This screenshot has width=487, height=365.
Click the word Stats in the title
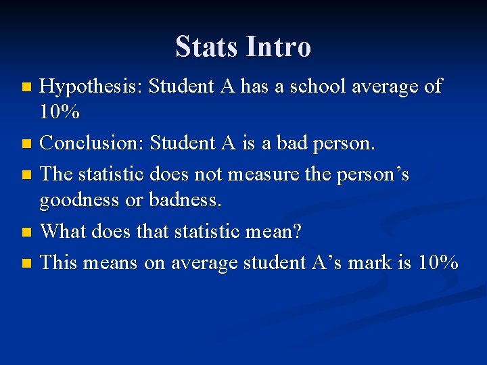(x=207, y=47)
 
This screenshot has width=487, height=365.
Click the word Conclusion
(x=91, y=143)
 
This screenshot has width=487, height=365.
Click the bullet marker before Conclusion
(x=26, y=144)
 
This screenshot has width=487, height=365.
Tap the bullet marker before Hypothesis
(x=26, y=87)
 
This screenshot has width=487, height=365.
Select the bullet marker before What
(x=26, y=232)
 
